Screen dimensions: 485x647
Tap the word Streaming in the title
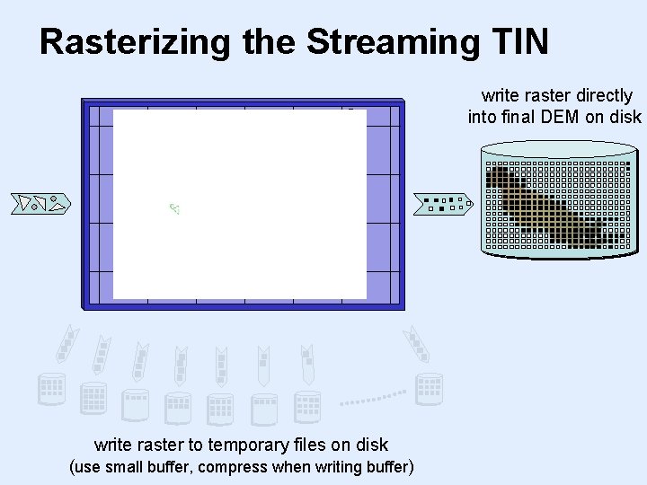(390, 42)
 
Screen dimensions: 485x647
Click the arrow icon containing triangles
(40, 204)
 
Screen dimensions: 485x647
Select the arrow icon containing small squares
(443, 204)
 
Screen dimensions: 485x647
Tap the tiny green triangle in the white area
(174, 209)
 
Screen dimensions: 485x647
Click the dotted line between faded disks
(373, 396)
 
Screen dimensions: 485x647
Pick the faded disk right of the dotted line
(430, 388)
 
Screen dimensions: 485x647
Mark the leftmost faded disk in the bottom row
(51, 389)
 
